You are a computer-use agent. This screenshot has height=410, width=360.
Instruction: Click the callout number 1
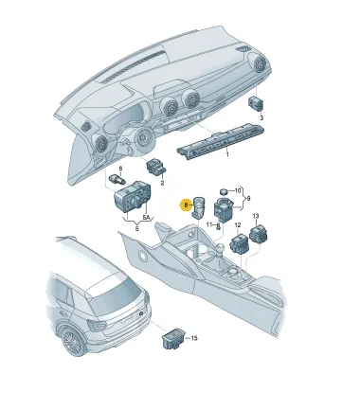pyautogui.click(x=227, y=154)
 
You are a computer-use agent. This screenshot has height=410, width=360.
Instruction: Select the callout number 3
pyautogui.click(x=261, y=118)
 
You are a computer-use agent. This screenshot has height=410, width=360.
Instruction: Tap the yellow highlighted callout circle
pyautogui.click(x=186, y=205)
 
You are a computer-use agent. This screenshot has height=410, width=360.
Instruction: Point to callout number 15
pyautogui.click(x=194, y=338)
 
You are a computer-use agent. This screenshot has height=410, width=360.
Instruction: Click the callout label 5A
pyautogui.click(x=146, y=218)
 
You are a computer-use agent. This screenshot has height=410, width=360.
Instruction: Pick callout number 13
pyautogui.click(x=256, y=216)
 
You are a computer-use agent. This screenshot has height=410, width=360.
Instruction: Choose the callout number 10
pyautogui.click(x=238, y=190)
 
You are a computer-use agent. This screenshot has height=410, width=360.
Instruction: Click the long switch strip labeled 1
pyautogui.click(x=221, y=139)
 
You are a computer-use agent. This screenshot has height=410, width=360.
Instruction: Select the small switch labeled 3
pyautogui.click(x=256, y=103)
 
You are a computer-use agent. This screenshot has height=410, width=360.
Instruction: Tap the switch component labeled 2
pyautogui.click(x=156, y=168)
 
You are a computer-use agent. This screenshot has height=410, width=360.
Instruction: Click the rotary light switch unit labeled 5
pyautogui.click(x=133, y=197)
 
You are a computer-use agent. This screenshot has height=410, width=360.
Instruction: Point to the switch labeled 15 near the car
pyautogui.click(x=173, y=339)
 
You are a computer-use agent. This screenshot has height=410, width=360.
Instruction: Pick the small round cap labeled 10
pyautogui.click(x=224, y=191)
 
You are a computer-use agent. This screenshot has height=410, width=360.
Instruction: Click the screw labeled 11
pyautogui.click(x=217, y=226)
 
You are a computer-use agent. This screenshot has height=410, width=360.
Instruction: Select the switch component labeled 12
pyautogui.click(x=240, y=243)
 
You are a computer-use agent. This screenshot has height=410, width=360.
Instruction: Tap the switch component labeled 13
pyautogui.click(x=259, y=234)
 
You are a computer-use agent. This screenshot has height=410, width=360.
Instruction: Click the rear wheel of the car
pyautogui.click(x=74, y=342)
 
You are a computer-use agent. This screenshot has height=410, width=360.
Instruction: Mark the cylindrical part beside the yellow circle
pyautogui.click(x=198, y=207)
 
